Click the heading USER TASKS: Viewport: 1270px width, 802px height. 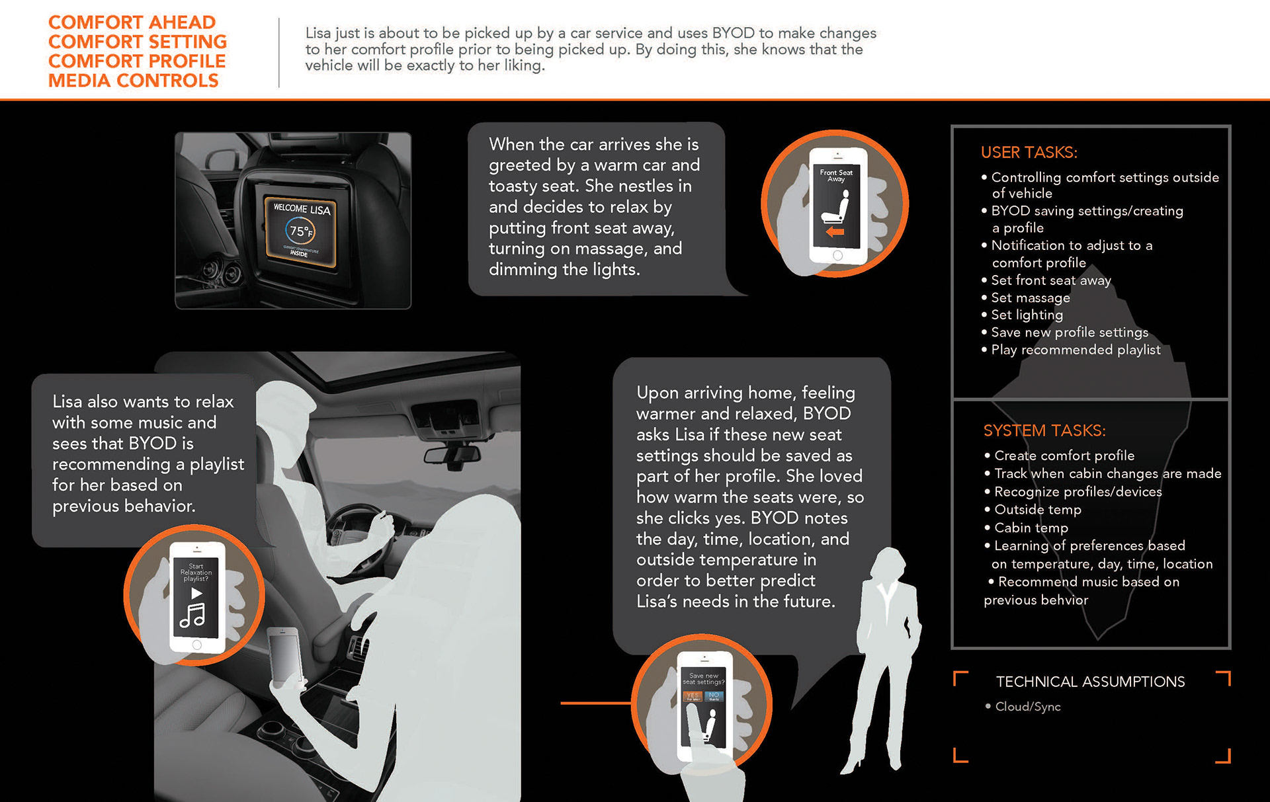click(1029, 153)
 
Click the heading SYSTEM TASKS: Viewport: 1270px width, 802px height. click(1044, 431)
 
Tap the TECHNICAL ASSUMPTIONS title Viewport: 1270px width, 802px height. click(1090, 682)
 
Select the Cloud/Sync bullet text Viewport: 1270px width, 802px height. click(1028, 707)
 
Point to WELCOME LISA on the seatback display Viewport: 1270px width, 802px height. click(302, 209)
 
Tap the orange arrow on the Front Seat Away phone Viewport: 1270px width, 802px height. click(835, 232)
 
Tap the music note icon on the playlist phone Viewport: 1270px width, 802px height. click(192, 616)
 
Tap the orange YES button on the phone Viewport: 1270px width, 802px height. click(693, 696)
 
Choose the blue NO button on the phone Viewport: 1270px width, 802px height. click(714, 696)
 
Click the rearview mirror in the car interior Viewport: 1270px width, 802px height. click(452, 455)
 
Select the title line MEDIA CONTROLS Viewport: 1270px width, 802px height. click(134, 81)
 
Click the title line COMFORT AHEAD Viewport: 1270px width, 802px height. click(132, 22)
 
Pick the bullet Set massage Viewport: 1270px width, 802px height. click(1030, 298)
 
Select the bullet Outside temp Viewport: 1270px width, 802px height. click(1037, 510)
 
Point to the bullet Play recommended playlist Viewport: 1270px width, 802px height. click(1076, 350)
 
